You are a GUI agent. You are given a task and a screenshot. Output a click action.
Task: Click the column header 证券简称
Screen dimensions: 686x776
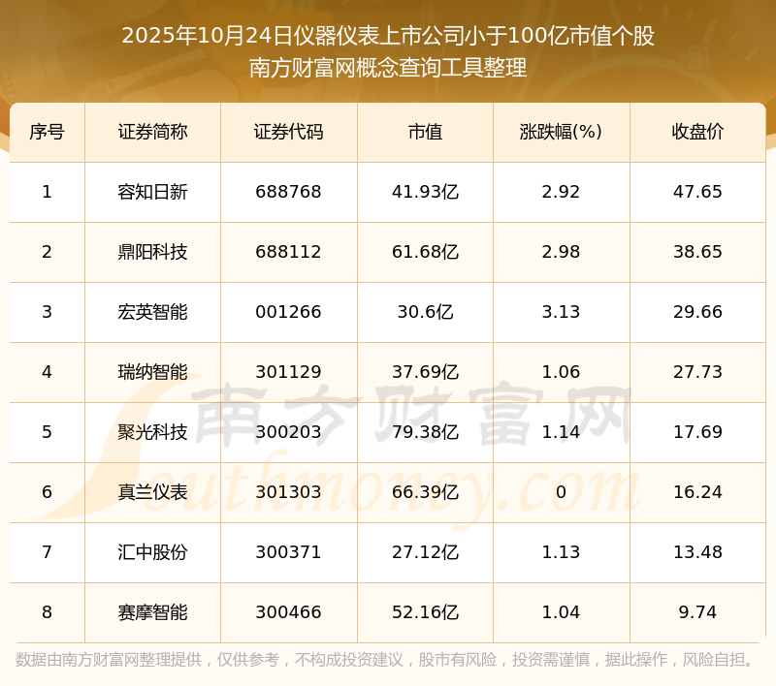tap(152, 132)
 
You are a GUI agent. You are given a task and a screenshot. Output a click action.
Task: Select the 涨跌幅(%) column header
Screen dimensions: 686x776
tap(561, 132)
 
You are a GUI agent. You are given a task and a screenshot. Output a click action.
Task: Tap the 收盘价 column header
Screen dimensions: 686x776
tap(697, 132)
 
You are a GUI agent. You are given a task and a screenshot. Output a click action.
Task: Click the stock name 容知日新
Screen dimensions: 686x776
tap(152, 192)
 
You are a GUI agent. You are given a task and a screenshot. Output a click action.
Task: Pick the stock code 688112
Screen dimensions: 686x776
tap(288, 252)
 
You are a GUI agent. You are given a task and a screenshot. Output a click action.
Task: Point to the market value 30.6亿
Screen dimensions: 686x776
tap(425, 312)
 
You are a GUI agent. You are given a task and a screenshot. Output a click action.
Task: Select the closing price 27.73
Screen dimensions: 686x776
tap(697, 372)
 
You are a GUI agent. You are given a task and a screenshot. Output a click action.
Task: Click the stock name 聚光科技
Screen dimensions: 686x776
tap(152, 432)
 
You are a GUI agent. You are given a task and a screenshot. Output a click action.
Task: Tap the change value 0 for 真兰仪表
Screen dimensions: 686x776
tap(561, 492)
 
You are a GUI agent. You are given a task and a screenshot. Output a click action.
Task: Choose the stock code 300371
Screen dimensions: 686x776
tap(288, 552)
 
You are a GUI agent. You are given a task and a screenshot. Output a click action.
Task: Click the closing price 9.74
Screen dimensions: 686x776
tap(697, 612)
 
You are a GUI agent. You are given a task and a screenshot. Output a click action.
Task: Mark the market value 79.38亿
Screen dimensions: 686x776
tap(425, 432)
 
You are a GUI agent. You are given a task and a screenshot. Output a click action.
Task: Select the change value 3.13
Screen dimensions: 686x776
tap(561, 312)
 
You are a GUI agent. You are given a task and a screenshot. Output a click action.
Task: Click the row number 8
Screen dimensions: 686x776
tap(47, 612)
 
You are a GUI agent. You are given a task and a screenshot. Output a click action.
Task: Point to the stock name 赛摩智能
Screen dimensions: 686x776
tap(152, 612)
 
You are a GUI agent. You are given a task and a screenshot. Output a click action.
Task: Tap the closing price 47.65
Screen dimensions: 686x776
tap(697, 192)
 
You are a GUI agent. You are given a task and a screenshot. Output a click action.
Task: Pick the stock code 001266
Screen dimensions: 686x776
tap(288, 312)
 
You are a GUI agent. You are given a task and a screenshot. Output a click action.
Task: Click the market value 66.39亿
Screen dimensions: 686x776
tap(425, 492)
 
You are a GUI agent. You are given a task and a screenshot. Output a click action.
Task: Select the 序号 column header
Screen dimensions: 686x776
tap(47, 132)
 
